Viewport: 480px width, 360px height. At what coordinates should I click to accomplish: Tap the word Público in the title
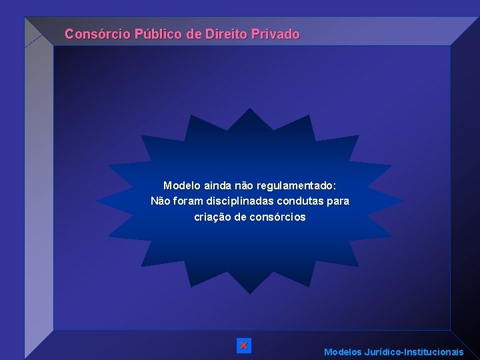[159, 33]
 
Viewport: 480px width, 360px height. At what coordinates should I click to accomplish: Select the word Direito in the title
[226, 33]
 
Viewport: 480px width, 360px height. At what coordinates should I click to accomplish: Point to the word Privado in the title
[276, 33]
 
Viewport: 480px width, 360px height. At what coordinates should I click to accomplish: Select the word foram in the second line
[187, 201]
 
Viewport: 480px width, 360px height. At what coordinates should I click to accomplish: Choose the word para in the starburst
[338, 201]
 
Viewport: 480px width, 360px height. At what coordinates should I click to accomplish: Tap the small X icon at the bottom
[244, 345]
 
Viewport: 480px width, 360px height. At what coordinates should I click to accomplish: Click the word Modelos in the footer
[343, 351]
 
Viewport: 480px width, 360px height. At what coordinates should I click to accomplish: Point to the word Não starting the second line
[161, 201]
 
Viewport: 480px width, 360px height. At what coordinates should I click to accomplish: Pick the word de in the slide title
[194, 33]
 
